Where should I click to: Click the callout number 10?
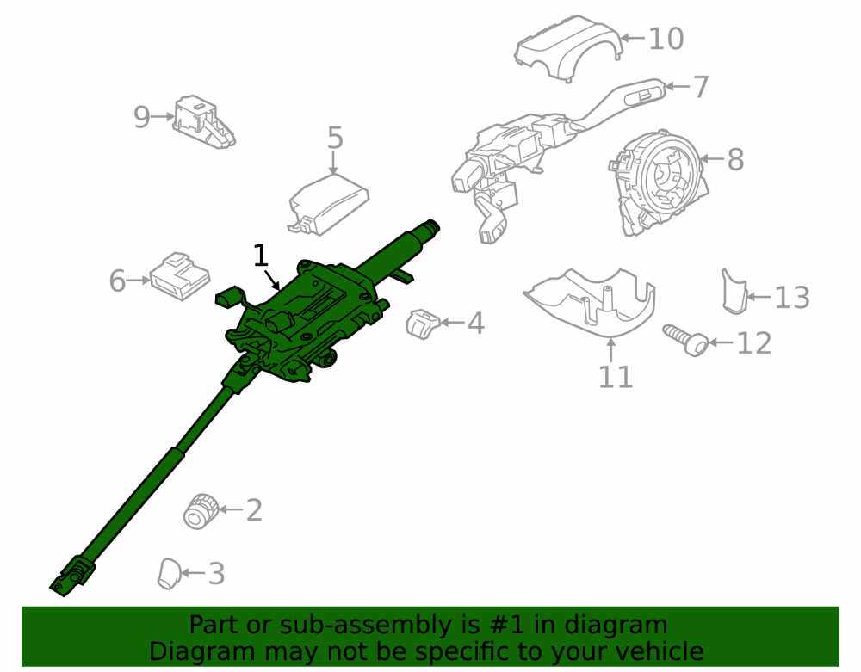[x=666, y=39]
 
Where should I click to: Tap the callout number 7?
[x=700, y=87]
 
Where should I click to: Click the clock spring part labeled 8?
[x=658, y=182]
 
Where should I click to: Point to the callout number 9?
[x=142, y=117]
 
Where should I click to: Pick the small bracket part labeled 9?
[x=204, y=122]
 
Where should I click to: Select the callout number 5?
[x=335, y=138]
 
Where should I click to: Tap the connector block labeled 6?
[x=180, y=276]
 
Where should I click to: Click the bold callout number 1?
[x=260, y=255]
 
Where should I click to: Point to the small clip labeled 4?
[x=423, y=324]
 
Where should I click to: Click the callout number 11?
[x=615, y=377]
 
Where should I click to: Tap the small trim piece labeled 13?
[x=734, y=292]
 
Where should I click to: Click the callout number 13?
[x=792, y=298]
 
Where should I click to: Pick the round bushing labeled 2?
[x=201, y=511]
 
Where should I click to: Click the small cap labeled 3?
[x=169, y=575]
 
